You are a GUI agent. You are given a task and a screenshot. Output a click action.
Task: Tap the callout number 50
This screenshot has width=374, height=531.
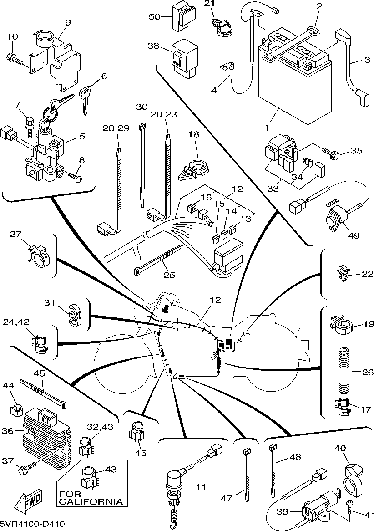click(155, 16)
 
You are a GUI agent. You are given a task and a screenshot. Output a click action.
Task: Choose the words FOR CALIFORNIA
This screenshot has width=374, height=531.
click(91, 498)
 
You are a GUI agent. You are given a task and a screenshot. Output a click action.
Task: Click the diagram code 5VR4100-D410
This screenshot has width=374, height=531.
click(32, 524)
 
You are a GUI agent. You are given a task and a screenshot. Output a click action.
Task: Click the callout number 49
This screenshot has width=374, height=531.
click(353, 235)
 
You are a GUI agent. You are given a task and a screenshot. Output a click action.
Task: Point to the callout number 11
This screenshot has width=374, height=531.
click(201, 487)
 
